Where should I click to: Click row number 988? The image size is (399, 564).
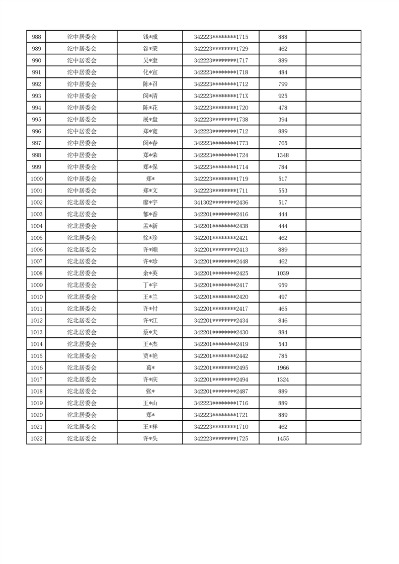(x=36, y=37)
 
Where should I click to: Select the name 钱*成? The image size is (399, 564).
(x=150, y=37)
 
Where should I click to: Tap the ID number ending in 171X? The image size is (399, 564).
(x=221, y=96)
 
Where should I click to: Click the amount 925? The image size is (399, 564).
(x=282, y=96)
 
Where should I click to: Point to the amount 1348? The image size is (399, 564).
(x=282, y=155)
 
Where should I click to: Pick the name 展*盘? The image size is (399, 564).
(x=150, y=120)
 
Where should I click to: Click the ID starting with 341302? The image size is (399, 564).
(x=221, y=203)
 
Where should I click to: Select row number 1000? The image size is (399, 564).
(x=36, y=179)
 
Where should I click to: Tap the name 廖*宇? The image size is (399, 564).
(x=150, y=203)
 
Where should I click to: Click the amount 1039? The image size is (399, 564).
(x=282, y=273)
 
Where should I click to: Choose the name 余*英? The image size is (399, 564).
(x=150, y=273)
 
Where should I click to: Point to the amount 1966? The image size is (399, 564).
(x=282, y=368)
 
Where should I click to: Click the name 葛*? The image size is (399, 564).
(x=150, y=368)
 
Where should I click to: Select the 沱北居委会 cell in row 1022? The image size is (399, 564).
(x=82, y=439)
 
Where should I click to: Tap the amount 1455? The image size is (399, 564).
(x=282, y=439)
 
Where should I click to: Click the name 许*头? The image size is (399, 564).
(x=150, y=439)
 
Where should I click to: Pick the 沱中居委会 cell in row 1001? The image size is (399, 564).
(x=82, y=191)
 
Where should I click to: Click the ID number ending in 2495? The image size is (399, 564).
(x=221, y=368)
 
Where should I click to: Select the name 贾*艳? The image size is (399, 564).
(x=150, y=356)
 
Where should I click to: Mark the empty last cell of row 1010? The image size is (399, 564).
(x=333, y=297)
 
